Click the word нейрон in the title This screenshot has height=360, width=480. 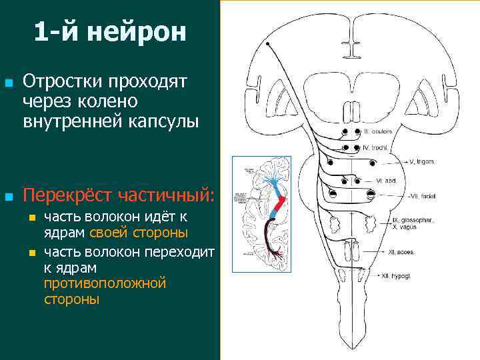point(141,32)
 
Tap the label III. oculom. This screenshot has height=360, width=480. point(377,131)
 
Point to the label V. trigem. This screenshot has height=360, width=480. point(423,162)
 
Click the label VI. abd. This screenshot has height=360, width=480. point(387,181)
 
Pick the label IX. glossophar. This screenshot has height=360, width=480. point(414,219)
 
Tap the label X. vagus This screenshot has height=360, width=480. point(405,227)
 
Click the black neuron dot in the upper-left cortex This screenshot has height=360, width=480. point(268,44)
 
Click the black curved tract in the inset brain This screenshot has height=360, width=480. point(269,233)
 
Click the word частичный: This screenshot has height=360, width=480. point(166,196)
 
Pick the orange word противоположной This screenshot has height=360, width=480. point(104,283)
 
